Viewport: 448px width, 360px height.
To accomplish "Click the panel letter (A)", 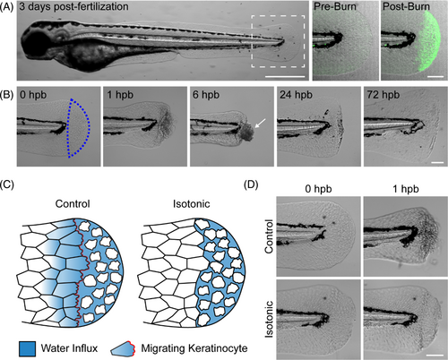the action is coord(6,6).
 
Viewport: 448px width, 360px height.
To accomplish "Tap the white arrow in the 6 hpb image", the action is coord(260,123).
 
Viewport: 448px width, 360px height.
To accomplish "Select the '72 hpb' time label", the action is coord(383,95).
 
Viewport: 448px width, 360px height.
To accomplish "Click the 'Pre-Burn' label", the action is coord(335,6).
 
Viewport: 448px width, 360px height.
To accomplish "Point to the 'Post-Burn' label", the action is coord(406,6).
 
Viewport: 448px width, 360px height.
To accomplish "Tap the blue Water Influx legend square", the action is coord(27,348).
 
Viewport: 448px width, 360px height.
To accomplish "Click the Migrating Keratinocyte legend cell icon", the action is coord(123,349).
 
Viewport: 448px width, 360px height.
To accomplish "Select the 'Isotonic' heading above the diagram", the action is coord(191,204).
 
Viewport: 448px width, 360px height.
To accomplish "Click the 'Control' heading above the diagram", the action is coord(73,204).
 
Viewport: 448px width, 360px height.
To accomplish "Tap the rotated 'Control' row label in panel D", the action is coord(269,236).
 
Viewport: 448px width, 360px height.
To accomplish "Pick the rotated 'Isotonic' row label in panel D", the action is coord(269,319).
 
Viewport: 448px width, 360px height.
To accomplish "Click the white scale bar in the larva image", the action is coord(285,77).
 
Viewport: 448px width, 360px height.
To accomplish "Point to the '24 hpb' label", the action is coord(296,95).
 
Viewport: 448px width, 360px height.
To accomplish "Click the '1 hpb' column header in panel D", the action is coord(406,189).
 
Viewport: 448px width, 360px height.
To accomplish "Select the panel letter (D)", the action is coord(251,184).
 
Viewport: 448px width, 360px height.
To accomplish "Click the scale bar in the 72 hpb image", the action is coord(437,163).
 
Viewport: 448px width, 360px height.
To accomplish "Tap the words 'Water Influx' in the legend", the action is coord(69,348).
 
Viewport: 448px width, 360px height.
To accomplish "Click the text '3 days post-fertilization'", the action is coord(74,6).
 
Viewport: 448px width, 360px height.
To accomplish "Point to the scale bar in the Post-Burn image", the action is coord(435,77).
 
